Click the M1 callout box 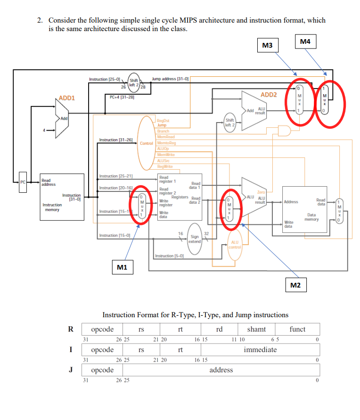tap(122, 268)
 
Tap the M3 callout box tap(267, 45)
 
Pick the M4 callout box tap(305, 42)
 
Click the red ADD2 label tap(269, 95)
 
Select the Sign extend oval tap(194, 239)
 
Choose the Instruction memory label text tap(52, 207)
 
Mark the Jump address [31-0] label tap(170, 79)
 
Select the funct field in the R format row tap(297, 329)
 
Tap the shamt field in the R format tap(256, 329)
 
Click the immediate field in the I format tap(260, 349)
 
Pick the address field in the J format tap(221, 370)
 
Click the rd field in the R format tap(219, 329)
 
